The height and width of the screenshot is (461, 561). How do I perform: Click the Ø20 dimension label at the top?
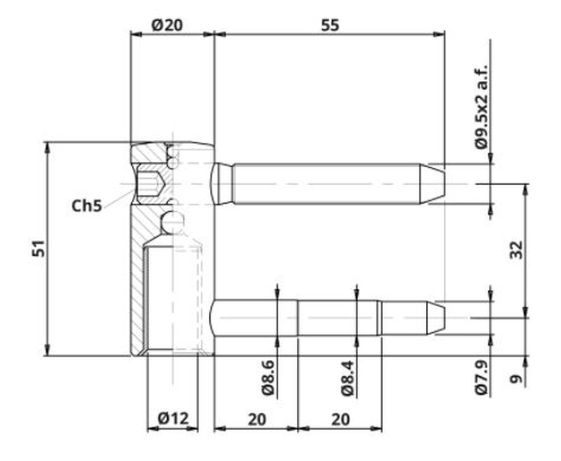[167, 25]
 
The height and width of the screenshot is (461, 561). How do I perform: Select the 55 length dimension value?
[330, 25]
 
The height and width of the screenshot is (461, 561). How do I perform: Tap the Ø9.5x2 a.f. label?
[481, 107]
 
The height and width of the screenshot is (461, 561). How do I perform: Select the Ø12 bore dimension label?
[173, 418]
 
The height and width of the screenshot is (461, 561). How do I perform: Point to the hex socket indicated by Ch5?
[151, 184]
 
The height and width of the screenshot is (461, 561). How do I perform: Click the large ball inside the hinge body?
[172, 222]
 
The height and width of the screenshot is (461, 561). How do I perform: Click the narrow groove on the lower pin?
[379, 318]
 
